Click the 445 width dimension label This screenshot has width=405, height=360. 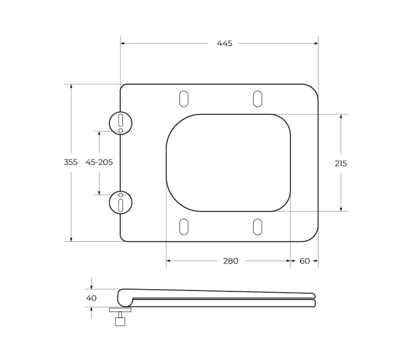(x=224, y=43)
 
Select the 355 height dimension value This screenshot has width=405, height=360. (x=71, y=162)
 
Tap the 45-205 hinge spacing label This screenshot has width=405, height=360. (x=99, y=162)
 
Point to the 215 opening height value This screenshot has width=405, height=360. (x=341, y=163)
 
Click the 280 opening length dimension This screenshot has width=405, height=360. (x=230, y=261)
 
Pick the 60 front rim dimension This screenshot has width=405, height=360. (x=305, y=261)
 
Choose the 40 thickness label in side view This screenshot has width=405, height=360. (x=91, y=298)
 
